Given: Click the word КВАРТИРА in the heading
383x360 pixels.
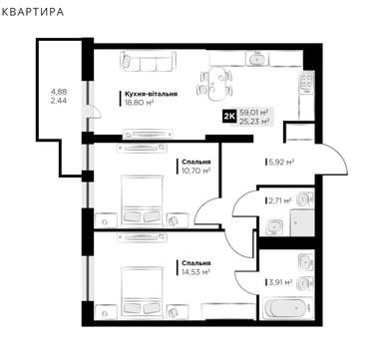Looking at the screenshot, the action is pyautogui.click(x=32, y=12).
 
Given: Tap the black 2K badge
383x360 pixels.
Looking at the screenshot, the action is pyautogui.click(x=229, y=116).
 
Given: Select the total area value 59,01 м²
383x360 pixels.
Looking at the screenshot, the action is pyautogui.click(x=254, y=112).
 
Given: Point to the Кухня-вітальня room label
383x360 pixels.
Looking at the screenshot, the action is pyautogui.click(x=151, y=94).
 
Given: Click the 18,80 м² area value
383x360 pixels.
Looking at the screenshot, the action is pyautogui.click(x=139, y=103).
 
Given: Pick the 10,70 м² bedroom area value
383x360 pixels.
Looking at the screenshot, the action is pyautogui.click(x=195, y=171).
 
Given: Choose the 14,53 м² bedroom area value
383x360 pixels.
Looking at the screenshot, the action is pyautogui.click(x=195, y=272).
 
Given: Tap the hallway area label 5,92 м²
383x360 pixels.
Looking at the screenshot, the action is pyautogui.click(x=281, y=163).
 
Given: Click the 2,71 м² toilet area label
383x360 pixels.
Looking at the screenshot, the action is pyautogui.click(x=280, y=200).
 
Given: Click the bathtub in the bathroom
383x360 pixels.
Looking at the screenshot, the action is pyautogui.click(x=288, y=309).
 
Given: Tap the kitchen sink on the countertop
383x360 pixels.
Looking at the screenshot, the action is pyautogui.click(x=256, y=59).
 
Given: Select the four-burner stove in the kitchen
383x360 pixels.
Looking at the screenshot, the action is pyautogui.click(x=306, y=82).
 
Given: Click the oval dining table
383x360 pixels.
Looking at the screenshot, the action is pyautogui.click(x=216, y=84).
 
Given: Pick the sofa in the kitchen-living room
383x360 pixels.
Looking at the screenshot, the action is pyautogui.click(x=148, y=61).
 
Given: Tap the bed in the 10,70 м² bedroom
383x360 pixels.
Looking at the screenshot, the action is pyautogui.click(x=143, y=201).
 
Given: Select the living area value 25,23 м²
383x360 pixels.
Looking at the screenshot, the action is pyautogui.click(x=254, y=121).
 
